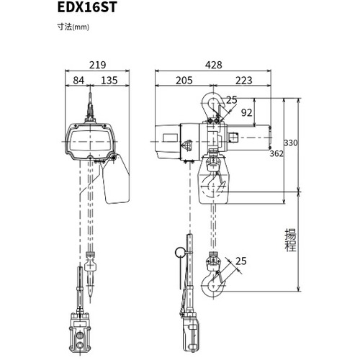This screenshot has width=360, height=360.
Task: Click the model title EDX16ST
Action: (87, 7)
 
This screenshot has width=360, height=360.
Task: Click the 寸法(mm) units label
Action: (73, 27)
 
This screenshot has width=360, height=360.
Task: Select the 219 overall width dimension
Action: (97, 65)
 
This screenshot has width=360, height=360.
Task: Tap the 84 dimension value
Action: (78, 81)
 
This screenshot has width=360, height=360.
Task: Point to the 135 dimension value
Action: (109, 81)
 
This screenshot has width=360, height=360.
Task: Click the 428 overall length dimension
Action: (214, 65)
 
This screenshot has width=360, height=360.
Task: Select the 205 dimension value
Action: (184, 81)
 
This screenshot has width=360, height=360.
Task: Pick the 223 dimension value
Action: (244, 81)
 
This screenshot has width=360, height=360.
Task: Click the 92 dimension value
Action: (246, 112)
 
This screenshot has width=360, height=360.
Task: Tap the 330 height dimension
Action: (291, 143)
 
